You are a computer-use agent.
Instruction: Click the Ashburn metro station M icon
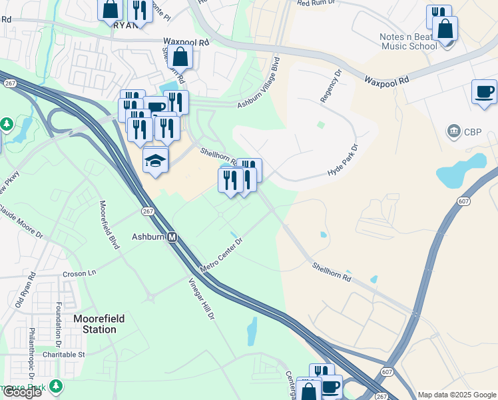click(x=172, y=237)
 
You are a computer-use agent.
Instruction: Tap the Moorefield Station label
click(x=99, y=324)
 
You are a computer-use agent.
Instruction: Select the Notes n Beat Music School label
click(x=408, y=41)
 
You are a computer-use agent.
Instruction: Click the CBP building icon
click(x=454, y=129)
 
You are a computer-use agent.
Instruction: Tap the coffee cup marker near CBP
click(x=484, y=92)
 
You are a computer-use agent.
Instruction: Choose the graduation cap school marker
click(x=156, y=161)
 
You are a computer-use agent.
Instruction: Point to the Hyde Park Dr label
click(x=344, y=160)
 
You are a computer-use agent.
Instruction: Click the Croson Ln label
click(x=79, y=273)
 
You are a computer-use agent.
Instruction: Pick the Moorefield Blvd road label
click(x=110, y=225)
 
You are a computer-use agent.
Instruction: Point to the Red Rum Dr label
click(x=318, y=3)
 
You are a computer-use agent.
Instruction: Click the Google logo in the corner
click(x=21, y=392)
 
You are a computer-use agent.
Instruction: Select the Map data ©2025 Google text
click(x=457, y=395)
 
